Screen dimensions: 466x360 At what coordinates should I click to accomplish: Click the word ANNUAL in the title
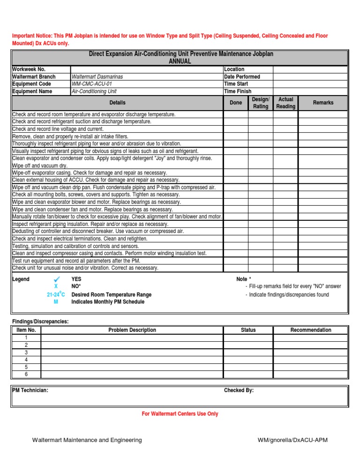(180, 61)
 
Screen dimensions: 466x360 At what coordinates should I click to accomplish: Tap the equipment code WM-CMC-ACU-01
(92, 84)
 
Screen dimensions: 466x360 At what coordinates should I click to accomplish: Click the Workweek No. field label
(29, 69)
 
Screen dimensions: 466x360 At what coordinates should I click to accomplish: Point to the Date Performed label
(242, 76)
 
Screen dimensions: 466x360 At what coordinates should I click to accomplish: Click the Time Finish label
(238, 91)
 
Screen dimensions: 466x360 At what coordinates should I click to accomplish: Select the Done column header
(235, 103)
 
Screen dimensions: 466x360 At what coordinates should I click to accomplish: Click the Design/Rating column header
(261, 103)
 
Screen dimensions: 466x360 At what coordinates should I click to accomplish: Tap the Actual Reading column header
(285, 103)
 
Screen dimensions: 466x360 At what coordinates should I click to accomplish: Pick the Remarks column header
(323, 102)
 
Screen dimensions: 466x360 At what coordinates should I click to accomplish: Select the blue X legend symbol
(56, 286)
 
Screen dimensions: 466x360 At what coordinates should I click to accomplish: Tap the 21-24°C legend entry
(56, 294)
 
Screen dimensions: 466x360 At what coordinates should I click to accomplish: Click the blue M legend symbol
(56, 302)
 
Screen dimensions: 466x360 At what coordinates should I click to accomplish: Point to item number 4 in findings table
(26, 360)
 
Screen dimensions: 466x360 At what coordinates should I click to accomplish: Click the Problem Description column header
(132, 330)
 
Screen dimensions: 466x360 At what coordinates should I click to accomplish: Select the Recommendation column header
(310, 330)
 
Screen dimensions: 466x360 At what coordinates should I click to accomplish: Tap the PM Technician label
(30, 390)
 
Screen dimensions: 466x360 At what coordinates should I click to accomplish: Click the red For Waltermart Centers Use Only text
(180, 414)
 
